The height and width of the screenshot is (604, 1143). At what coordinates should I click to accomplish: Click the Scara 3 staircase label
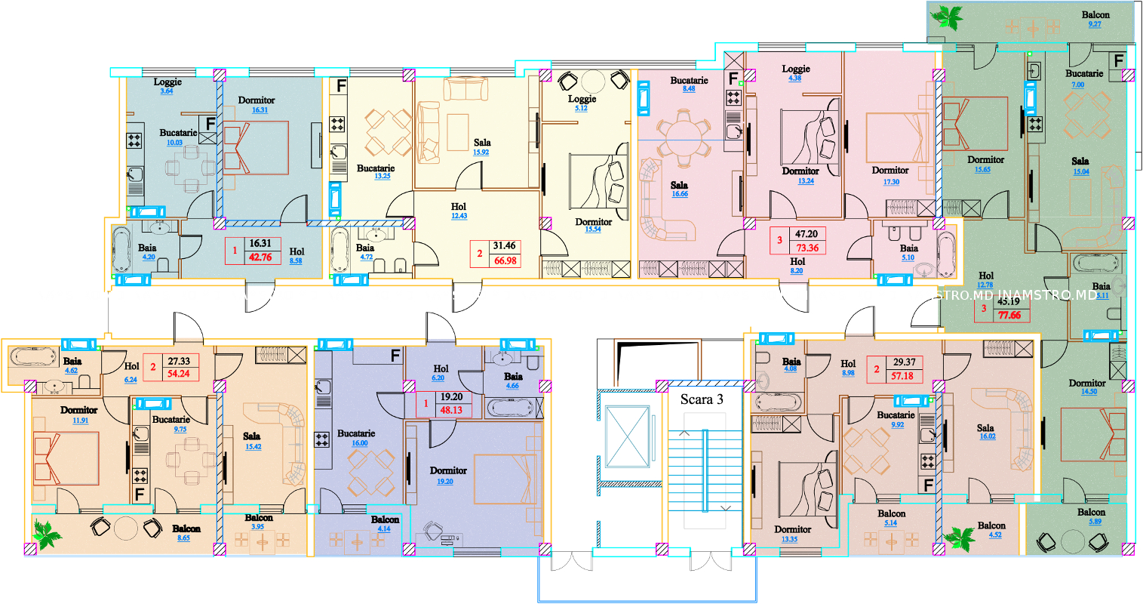pyautogui.click(x=701, y=399)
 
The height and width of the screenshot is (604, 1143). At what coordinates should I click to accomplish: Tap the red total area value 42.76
pyautogui.click(x=260, y=257)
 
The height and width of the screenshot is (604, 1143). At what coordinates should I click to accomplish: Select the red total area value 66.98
pyautogui.click(x=505, y=260)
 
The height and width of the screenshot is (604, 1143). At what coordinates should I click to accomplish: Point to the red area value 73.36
pyautogui.click(x=807, y=248)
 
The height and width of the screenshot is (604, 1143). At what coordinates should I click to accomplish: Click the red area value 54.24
pyautogui.click(x=178, y=374)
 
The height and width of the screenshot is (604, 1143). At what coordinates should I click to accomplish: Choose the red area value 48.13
pyautogui.click(x=451, y=411)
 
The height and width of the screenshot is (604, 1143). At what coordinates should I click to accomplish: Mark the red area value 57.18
pyautogui.click(x=903, y=376)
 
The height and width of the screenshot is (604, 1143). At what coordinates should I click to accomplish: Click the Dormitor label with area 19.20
pyautogui.click(x=448, y=470)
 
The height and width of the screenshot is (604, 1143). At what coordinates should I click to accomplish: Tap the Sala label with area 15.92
pyautogui.click(x=482, y=142)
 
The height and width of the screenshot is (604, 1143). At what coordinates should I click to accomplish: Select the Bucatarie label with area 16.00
pyautogui.click(x=356, y=433)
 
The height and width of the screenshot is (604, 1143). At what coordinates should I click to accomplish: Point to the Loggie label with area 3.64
pyautogui.click(x=167, y=82)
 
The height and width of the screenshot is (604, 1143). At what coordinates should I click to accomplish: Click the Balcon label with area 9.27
pyautogui.click(x=1095, y=14)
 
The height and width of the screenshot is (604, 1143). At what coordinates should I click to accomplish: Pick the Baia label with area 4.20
pyautogui.click(x=147, y=248)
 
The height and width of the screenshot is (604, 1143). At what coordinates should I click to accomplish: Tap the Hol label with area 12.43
pyautogui.click(x=459, y=206)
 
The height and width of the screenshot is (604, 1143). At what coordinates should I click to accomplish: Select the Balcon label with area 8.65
pyautogui.click(x=186, y=528)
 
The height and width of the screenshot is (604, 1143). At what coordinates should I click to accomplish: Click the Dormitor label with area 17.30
pyautogui.click(x=890, y=171)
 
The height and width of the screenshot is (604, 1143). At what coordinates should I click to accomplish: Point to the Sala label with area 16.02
pyautogui.click(x=985, y=427)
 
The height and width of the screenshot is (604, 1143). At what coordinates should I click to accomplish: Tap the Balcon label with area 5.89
pyautogui.click(x=1091, y=512)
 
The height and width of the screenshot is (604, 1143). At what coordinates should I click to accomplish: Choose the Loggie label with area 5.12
pyautogui.click(x=582, y=99)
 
